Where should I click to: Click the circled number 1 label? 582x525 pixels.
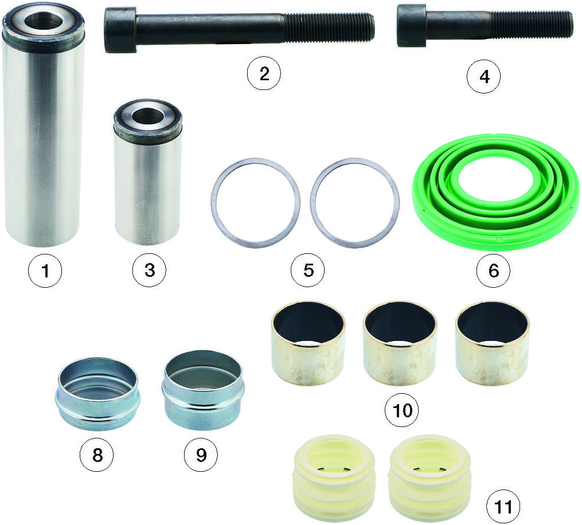click(x=45, y=271)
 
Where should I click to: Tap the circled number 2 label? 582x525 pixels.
click(x=264, y=73)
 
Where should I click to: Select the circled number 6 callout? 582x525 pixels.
click(x=493, y=271)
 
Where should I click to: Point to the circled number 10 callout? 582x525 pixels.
click(x=401, y=410)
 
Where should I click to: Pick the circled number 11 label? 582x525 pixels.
click(x=503, y=507)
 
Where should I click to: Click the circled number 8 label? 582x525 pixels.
click(x=97, y=455)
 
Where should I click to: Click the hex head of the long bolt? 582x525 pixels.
click(x=120, y=30)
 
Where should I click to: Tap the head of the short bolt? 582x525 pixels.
click(x=412, y=26)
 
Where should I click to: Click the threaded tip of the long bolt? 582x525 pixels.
click(x=370, y=28)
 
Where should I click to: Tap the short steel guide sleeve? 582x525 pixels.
click(x=147, y=173)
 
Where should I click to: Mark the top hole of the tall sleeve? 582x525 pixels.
click(x=44, y=21)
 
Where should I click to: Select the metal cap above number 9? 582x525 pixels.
click(x=203, y=390)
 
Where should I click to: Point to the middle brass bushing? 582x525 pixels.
click(x=400, y=343)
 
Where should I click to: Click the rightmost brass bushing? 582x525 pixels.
click(x=492, y=343)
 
